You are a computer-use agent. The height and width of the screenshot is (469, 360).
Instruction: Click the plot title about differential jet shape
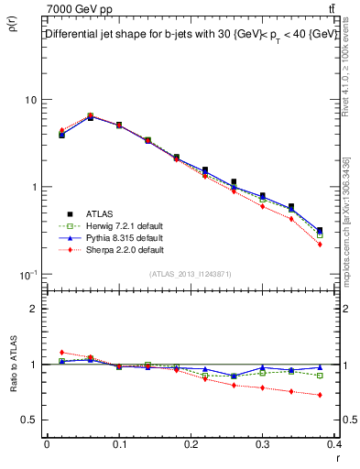[191, 34]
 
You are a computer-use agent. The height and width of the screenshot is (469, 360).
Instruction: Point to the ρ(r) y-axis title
[13, 26]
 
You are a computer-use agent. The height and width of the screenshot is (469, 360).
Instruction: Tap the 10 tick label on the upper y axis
[29, 100]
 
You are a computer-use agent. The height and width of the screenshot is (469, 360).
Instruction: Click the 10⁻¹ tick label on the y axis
[27, 274]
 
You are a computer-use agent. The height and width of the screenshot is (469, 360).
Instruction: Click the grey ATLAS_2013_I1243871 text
[191, 275]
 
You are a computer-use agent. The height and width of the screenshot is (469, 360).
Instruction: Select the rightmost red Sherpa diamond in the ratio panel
[320, 395]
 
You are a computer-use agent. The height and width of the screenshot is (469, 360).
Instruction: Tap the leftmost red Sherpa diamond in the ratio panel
[61, 352]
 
